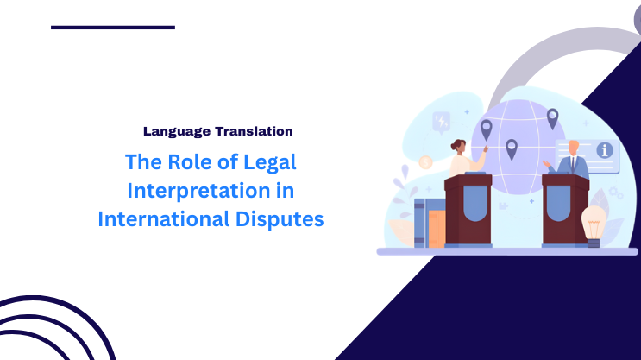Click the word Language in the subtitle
pos(174,131)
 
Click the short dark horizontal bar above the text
pos(112,28)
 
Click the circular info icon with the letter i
pos(605,150)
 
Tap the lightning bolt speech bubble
pos(443,122)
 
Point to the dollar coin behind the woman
pos(425,161)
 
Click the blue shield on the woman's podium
pos(468,205)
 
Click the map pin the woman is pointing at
pos(487,129)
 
